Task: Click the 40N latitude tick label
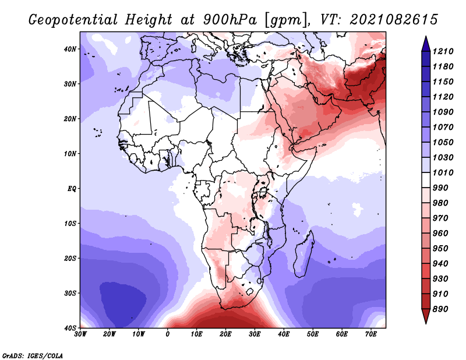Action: (70, 49)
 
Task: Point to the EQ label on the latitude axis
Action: (72, 189)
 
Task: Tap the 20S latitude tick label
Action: (70, 258)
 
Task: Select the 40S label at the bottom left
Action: (70, 328)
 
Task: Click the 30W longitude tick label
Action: (80, 334)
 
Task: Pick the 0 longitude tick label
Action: (168, 334)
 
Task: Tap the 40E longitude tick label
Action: (284, 334)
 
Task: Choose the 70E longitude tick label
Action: (371, 334)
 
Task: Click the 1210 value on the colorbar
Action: (443, 51)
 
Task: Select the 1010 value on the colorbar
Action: (443, 172)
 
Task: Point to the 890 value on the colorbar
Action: (440, 309)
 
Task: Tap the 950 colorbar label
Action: (440, 249)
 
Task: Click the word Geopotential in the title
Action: (73, 20)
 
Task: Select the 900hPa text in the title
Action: (230, 20)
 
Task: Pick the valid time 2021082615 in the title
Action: (394, 20)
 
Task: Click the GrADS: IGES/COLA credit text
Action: (33, 355)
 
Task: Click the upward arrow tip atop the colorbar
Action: (426, 37)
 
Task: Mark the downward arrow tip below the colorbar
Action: (426, 323)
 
